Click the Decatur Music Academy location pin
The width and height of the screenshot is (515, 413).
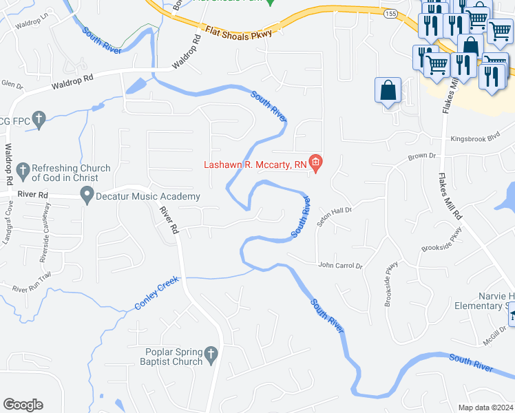[87, 197]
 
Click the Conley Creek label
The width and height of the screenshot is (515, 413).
[158, 293]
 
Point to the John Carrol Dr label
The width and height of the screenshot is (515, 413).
[339, 265]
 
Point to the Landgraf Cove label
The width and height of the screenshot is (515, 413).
[9, 223]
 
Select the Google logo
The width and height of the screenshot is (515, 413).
[23, 405]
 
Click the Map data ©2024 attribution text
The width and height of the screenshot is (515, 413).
[485, 407]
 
